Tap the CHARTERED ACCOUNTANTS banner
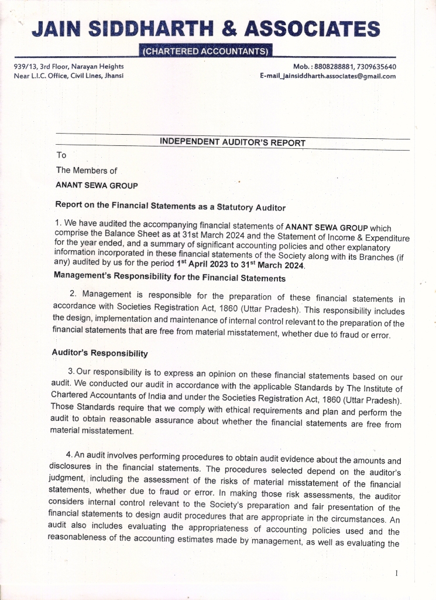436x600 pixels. (x=207, y=52)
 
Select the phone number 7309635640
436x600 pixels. (x=376, y=67)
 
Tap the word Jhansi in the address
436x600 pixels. (x=112, y=76)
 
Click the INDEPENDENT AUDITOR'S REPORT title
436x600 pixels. (x=232, y=142)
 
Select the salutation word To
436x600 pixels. (x=61, y=155)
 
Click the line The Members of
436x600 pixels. (x=87, y=171)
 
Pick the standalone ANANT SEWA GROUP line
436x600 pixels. (x=97, y=186)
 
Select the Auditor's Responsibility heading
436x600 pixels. (x=99, y=353)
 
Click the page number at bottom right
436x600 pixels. (x=396, y=572)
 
